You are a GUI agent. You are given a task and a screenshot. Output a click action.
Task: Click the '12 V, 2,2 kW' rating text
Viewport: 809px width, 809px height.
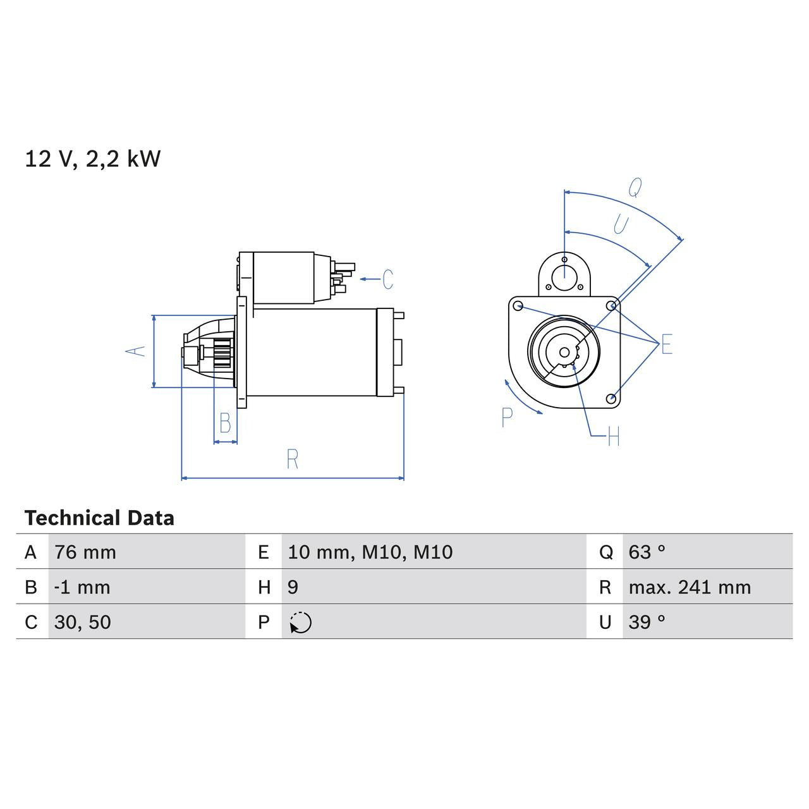92,159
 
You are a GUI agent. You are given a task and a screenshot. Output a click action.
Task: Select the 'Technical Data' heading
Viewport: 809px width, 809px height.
99,518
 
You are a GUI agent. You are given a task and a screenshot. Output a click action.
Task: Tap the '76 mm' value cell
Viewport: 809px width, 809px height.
85,552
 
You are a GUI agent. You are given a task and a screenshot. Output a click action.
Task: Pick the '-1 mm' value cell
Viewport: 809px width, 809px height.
82,587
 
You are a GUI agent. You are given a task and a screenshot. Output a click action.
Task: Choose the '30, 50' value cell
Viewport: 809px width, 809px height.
83,623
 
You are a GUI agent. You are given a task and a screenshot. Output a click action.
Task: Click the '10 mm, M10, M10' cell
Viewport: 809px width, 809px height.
370,552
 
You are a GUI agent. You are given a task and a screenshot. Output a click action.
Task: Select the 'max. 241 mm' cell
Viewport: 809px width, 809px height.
690,587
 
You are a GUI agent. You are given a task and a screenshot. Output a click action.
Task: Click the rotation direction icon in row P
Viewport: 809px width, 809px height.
301,623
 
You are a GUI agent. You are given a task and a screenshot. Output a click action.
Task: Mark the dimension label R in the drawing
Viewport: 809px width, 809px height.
292,459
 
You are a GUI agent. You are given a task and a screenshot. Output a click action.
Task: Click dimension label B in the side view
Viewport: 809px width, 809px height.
225,423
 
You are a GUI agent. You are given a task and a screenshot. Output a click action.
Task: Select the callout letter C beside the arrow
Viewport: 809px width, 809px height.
388,279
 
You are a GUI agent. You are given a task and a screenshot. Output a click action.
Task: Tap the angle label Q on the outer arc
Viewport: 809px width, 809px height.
635,187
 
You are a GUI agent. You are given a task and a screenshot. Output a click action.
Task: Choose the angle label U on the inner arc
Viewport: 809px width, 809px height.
621,224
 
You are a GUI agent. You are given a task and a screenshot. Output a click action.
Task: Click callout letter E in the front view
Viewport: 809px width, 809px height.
666,345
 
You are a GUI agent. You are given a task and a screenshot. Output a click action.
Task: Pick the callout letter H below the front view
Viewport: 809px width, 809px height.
613,436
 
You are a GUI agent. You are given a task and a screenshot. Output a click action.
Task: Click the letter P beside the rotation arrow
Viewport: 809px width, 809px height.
507,417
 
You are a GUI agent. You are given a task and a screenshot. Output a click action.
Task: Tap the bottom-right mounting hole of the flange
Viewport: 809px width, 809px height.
611,398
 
